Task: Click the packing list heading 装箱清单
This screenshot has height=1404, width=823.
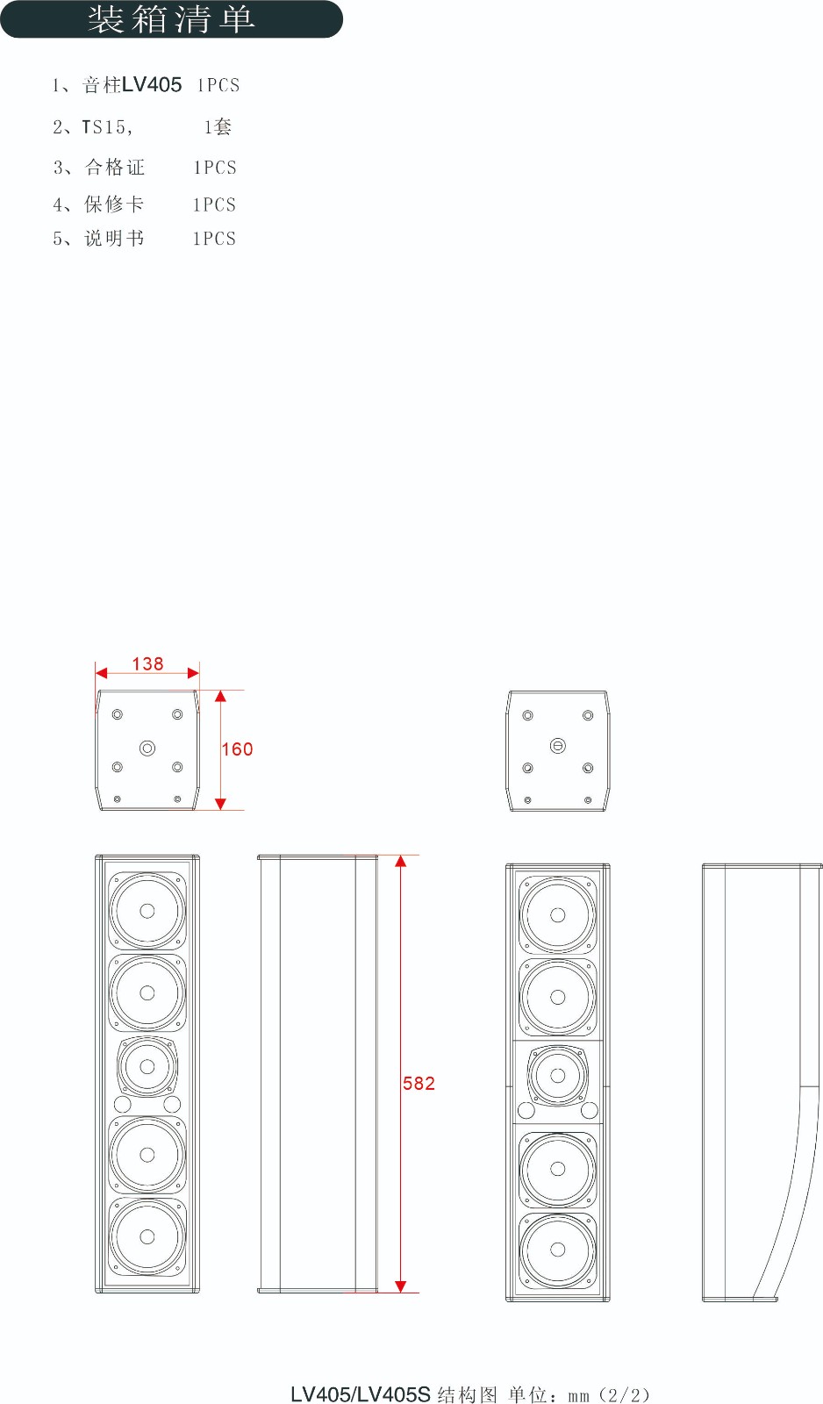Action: click(x=171, y=18)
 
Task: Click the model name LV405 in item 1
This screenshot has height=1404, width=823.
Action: click(x=152, y=84)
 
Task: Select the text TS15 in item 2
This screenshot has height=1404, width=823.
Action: click(x=104, y=127)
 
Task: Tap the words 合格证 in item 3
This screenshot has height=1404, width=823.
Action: click(x=115, y=168)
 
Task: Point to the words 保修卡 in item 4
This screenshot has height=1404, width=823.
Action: click(x=114, y=204)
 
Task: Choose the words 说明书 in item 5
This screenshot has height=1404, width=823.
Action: click(x=114, y=238)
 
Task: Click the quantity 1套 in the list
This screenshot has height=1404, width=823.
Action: click(x=218, y=127)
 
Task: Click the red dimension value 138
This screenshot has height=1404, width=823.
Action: click(x=148, y=663)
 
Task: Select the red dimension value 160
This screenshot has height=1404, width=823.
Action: click(x=237, y=749)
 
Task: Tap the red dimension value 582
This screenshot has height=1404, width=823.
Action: click(x=419, y=1083)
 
